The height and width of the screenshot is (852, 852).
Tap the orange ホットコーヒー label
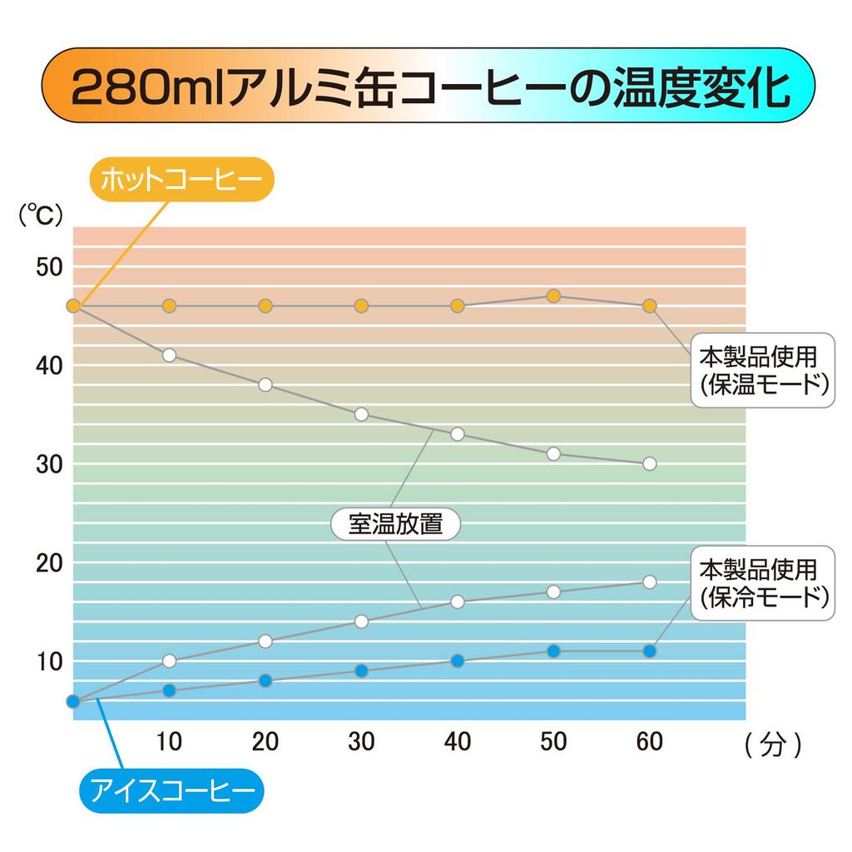coord(181,179)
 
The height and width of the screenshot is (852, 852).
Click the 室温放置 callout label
coord(394,526)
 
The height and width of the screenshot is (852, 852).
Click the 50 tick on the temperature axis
coord(47,267)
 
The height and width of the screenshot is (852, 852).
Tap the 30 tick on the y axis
coord(47,463)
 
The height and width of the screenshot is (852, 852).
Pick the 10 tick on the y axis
coord(47,661)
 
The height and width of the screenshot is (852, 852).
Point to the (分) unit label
coord(774,744)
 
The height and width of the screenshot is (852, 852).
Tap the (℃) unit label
coord(41,215)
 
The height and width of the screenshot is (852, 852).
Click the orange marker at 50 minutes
coord(554,296)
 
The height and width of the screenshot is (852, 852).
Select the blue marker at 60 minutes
coord(650,651)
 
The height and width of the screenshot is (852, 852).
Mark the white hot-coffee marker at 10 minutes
coord(169,354)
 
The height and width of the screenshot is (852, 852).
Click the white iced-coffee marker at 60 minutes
coord(650,582)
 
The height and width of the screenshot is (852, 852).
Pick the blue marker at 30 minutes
coord(361,671)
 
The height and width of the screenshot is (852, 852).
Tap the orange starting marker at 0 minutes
coord(73,306)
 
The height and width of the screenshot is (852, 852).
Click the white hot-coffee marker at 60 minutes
coord(650,463)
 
